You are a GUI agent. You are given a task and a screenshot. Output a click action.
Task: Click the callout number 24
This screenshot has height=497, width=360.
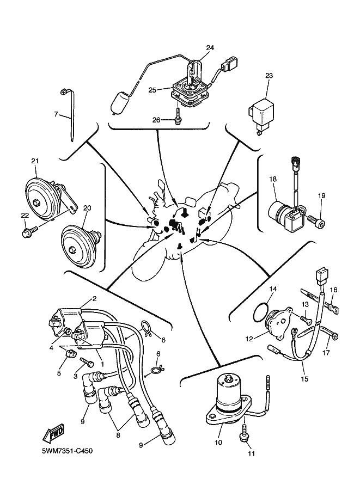(x=209, y=47)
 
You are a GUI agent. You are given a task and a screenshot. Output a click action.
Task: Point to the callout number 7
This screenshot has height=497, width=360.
(x=56, y=114)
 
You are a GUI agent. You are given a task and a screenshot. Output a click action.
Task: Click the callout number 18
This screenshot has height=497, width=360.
(x=272, y=179)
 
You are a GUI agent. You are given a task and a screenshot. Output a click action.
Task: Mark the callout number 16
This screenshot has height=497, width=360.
(x=334, y=290)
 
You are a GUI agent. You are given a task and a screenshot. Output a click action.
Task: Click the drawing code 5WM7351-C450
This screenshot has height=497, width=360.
(x=68, y=452)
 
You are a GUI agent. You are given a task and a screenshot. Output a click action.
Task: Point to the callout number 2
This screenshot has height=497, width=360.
(x=94, y=298)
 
